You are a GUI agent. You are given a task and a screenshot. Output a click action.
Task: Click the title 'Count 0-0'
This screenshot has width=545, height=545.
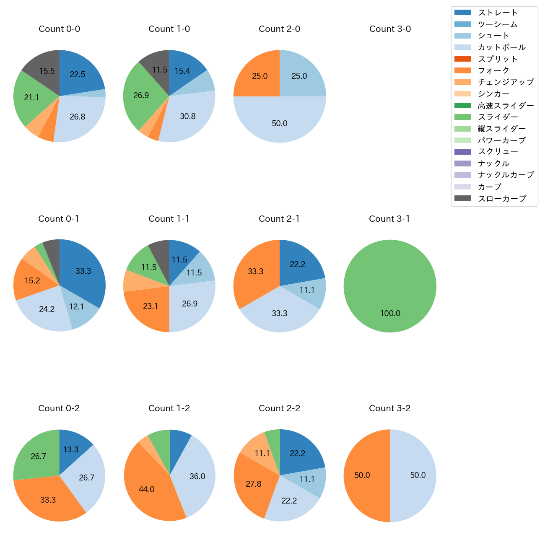coord(59,29)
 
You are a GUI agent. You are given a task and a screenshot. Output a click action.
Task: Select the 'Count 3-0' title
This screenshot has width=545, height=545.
coord(390,29)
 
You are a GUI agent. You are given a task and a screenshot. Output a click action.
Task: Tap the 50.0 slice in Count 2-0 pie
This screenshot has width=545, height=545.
coord(280,122)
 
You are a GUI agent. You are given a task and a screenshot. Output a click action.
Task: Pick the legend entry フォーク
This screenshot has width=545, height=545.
coord(493,70)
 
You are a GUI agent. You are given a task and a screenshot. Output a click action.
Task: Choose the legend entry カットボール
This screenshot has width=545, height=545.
coord(501,47)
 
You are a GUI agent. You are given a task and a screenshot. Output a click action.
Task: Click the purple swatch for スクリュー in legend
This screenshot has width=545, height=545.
coord(462,152)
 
